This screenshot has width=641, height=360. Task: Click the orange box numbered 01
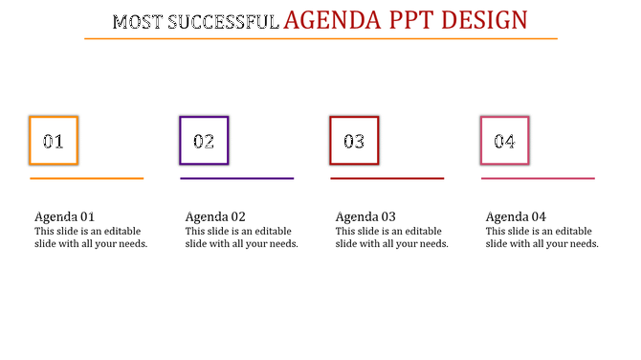pyautogui.click(x=54, y=141)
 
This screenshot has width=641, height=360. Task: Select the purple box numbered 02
pyautogui.click(x=204, y=141)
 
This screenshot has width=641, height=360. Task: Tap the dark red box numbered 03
pyautogui.click(x=354, y=141)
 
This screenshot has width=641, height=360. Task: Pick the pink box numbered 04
pyautogui.click(x=504, y=141)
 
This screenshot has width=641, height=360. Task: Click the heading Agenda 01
pyautogui.click(x=64, y=216)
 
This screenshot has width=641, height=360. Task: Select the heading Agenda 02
pyautogui.click(x=215, y=216)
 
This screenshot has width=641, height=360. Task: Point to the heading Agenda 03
pyautogui.click(x=365, y=216)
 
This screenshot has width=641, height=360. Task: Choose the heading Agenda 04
pyautogui.click(x=516, y=216)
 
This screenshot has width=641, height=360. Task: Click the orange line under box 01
pyautogui.click(x=86, y=178)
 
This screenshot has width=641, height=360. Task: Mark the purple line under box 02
pyautogui.click(x=236, y=178)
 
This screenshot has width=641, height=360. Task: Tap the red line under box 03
pyautogui.click(x=387, y=178)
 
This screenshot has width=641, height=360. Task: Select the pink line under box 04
pyautogui.click(x=538, y=178)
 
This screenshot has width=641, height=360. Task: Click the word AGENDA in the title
pyautogui.click(x=331, y=19)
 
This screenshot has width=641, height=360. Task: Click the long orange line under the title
pyautogui.click(x=320, y=38)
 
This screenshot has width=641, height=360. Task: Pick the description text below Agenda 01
pyautogui.click(x=91, y=237)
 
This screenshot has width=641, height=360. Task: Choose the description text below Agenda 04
pyautogui.click(x=542, y=237)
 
